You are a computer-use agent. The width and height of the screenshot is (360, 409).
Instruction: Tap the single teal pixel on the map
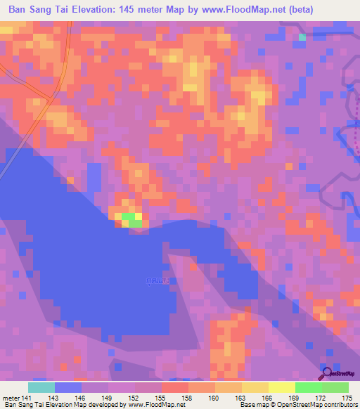pos(302,37)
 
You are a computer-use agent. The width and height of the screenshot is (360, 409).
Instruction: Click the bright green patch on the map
pos(130,219)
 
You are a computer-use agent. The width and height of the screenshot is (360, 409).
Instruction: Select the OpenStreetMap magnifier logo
pos(328,374)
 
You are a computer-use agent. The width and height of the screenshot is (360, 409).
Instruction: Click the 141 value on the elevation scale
pos(27,397)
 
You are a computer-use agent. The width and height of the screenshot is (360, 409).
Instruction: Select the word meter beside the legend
pos(11,397)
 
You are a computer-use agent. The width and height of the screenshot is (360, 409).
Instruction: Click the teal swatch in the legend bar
pos(41,387)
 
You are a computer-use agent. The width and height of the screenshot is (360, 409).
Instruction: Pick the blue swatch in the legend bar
pos(68,387)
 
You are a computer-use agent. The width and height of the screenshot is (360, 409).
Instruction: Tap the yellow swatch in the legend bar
pos(255,387)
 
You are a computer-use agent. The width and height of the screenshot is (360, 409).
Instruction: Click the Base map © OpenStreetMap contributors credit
pos(296,405)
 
